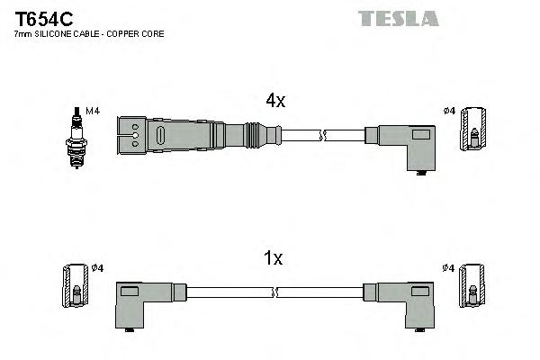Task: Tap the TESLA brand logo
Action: [x=398, y=18]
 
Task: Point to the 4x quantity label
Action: [x=275, y=102]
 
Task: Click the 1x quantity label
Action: [x=274, y=259]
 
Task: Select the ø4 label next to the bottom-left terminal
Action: [x=97, y=267]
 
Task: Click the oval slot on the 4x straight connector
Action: [x=159, y=137]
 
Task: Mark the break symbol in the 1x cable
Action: [x=275, y=292]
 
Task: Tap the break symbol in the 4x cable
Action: [x=325, y=136]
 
